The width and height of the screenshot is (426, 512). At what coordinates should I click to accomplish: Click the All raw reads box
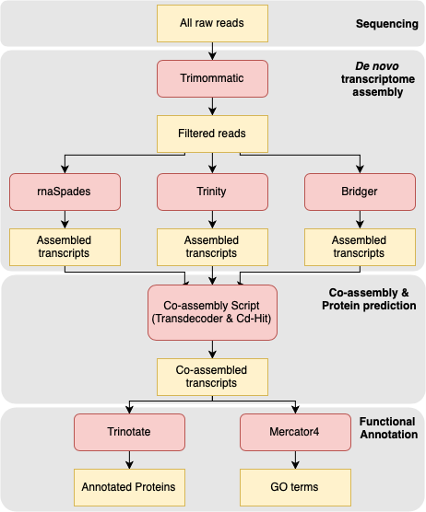click(x=213, y=23)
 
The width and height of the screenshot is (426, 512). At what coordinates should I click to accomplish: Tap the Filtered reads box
click(x=213, y=134)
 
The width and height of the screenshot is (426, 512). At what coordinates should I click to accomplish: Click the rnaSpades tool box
click(x=65, y=191)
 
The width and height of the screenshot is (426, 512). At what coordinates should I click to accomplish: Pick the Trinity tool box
click(x=213, y=191)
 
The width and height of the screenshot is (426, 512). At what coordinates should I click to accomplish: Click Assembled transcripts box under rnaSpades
click(x=65, y=247)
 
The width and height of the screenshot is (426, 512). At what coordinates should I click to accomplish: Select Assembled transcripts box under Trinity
click(x=213, y=247)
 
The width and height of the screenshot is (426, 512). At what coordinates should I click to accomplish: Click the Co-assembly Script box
click(x=213, y=313)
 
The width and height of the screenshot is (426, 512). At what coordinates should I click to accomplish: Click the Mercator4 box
click(x=295, y=431)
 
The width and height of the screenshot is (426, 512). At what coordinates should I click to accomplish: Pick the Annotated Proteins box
click(x=129, y=484)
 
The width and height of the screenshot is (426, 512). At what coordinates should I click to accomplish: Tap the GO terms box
click(x=295, y=484)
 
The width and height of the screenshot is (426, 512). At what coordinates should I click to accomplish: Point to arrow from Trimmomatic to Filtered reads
click(x=213, y=107)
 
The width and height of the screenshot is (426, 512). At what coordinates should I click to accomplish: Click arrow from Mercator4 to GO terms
click(x=295, y=458)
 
